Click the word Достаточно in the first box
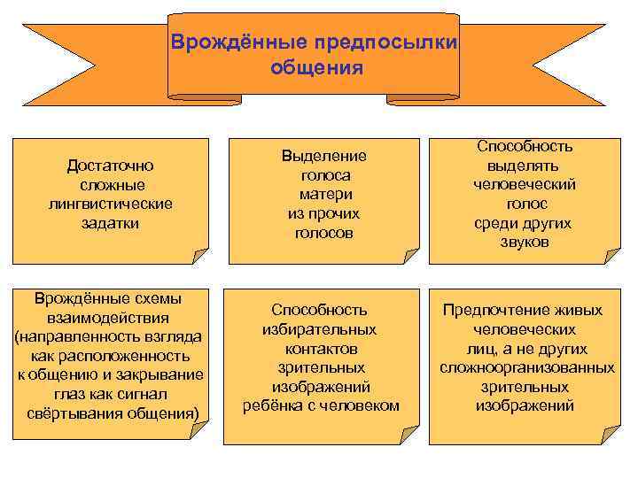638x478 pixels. click(x=111, y=165)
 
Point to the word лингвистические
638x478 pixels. click(x=111, y=204)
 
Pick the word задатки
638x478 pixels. click(x=111, y=223)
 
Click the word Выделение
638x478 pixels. click(x=324, y=156)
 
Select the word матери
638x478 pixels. click(x=324, y=194)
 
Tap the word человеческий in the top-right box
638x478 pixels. click(x=525, y=184)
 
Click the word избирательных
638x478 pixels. click(x=319, y=329)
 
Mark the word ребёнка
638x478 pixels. click(x=271, y=405)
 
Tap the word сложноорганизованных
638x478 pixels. click(x=526, y=367)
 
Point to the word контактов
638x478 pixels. click(x=319, y=348)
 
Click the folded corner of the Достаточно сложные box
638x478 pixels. click(x=198, y=254)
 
